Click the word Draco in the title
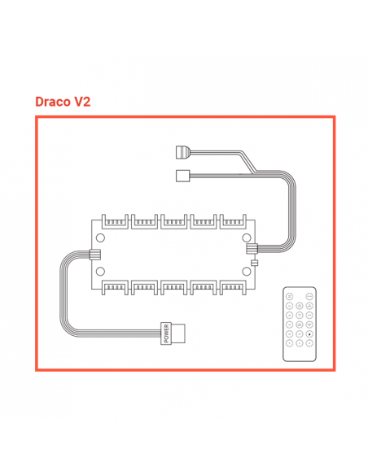point(52,102)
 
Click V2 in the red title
point(82,102)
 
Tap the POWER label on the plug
point(166,333)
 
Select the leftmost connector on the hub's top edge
point(115,222)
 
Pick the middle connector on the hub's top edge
point(173,222)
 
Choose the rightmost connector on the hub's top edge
point(233,222)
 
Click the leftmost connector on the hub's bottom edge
point(115,287)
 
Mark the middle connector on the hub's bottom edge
point(173,287)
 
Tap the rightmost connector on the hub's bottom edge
point(233,287)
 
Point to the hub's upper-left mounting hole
point(100,238)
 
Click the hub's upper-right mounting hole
point(247,238)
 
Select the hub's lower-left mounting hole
point(100,271)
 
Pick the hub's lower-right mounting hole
point(247,271)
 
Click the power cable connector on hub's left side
point(95,254)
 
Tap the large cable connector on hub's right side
point(252,248)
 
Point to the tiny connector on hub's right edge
point(255,263)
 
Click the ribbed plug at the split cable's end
point(183,152)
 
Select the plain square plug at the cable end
point(183,176)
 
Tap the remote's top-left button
point(290,296)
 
